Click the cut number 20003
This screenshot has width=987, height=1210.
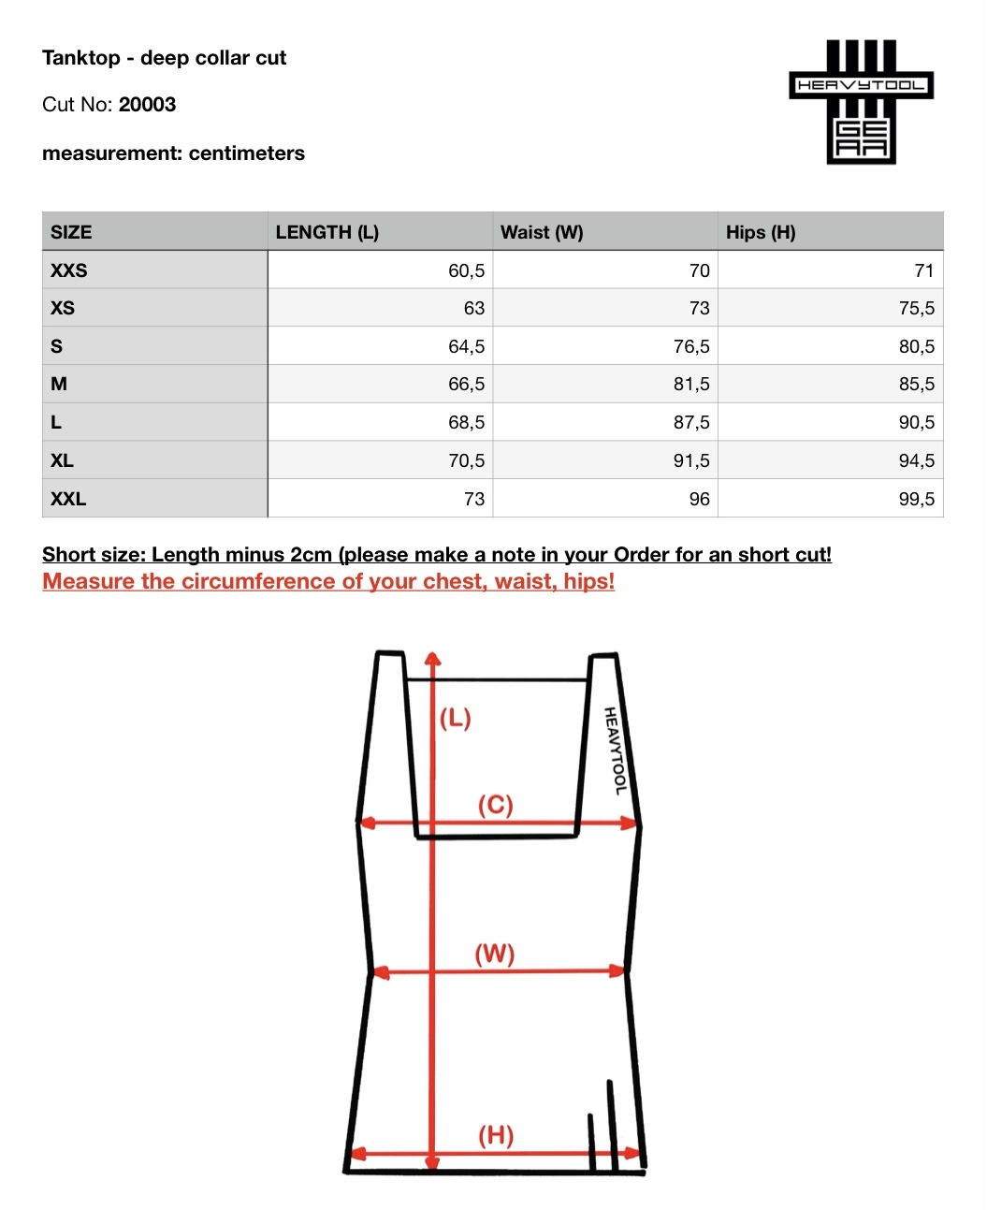click(x=147, y=105)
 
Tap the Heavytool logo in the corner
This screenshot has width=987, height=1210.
click(x=861, y=102)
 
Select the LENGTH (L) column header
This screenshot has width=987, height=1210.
click(x=327, y=232)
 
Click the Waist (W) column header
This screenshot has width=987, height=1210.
click(x=542, y=232)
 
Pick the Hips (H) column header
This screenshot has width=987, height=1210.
click(x=761, y=232)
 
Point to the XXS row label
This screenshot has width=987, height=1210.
click(x=69, y=270)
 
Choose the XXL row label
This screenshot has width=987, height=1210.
click(x=68, y=499)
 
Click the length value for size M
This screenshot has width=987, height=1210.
click(x=466, y=384)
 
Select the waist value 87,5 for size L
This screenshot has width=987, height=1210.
click(x=691, y=422)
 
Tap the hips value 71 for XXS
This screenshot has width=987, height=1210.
click(x=923, y=270)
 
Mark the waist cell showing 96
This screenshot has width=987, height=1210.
click(x=699, y=499)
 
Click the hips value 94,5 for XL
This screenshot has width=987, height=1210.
click(x=916, y=460)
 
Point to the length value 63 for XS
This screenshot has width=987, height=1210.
click(x=473, y=308)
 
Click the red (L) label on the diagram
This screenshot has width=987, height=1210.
click(x=456, y=718)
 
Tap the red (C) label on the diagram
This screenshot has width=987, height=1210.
click(x=495, y=805)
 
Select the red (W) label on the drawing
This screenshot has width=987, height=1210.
click(x=494, y=954)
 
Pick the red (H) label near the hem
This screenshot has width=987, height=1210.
click(x=496, y=1135)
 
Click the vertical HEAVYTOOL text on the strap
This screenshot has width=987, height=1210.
click(x=615, y=751)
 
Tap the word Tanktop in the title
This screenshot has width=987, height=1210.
click(x=81, y=58)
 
